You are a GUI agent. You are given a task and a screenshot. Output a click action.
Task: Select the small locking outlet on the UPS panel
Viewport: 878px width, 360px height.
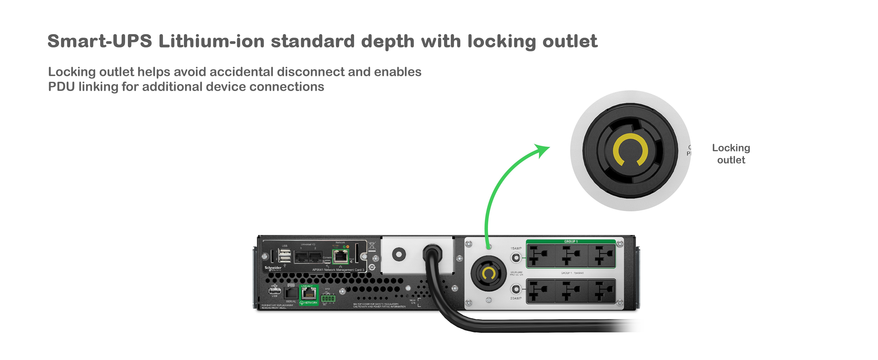(x=488, y=273)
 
